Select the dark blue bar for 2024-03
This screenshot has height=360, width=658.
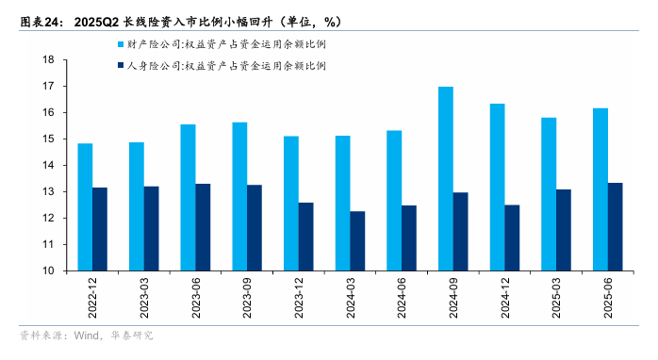pos(357,241)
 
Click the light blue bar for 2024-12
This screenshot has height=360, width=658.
pos(497,188)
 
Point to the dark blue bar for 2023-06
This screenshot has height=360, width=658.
pos(203,227)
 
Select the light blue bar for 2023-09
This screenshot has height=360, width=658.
pos(239,197)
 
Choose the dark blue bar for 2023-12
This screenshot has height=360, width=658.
pos(305,237)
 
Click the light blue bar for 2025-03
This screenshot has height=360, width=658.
pos(549,194)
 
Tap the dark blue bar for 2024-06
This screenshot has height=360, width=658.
pos(409,238)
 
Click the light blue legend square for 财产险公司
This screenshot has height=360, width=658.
pos(120,44)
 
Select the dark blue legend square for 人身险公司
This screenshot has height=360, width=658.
pos(120,67)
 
